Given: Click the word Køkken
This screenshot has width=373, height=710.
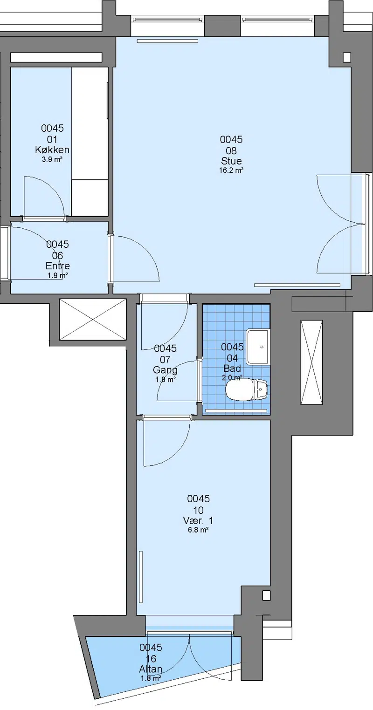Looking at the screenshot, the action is pos(52,150).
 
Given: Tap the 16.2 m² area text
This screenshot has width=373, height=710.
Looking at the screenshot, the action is pos(231,171).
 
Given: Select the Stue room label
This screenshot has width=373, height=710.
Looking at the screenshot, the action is pos(231,161).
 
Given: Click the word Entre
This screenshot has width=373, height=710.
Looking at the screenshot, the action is pos(58,266).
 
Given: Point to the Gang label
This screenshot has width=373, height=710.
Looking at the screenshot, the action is pos(165,370).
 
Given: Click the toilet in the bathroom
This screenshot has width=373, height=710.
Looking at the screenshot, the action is pos(247,389).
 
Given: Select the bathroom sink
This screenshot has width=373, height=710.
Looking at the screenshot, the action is pos(258,347).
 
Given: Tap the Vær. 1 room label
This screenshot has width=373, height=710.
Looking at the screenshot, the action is pos(198,520).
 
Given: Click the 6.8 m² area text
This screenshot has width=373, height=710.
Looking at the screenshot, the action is pos(198,530).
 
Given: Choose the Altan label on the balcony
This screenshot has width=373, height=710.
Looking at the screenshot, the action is pos(151,669).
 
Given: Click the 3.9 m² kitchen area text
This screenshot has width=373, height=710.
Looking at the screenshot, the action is pos(52,159).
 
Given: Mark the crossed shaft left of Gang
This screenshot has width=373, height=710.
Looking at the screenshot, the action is pos(93,320).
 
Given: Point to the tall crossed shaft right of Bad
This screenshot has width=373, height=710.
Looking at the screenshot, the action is pos(311,362).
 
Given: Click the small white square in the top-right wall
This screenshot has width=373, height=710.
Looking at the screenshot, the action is pos(347,57).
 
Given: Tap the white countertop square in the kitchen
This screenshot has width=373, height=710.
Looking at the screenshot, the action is pos(90,198).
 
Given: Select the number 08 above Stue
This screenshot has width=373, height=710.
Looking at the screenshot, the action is pos(231,150).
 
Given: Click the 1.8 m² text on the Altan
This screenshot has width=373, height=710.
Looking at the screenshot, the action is pos(151,679).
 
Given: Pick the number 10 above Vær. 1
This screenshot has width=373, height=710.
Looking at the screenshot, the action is pos(198,510).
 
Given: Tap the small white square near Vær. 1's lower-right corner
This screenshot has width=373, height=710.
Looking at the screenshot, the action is pos(266,595).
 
